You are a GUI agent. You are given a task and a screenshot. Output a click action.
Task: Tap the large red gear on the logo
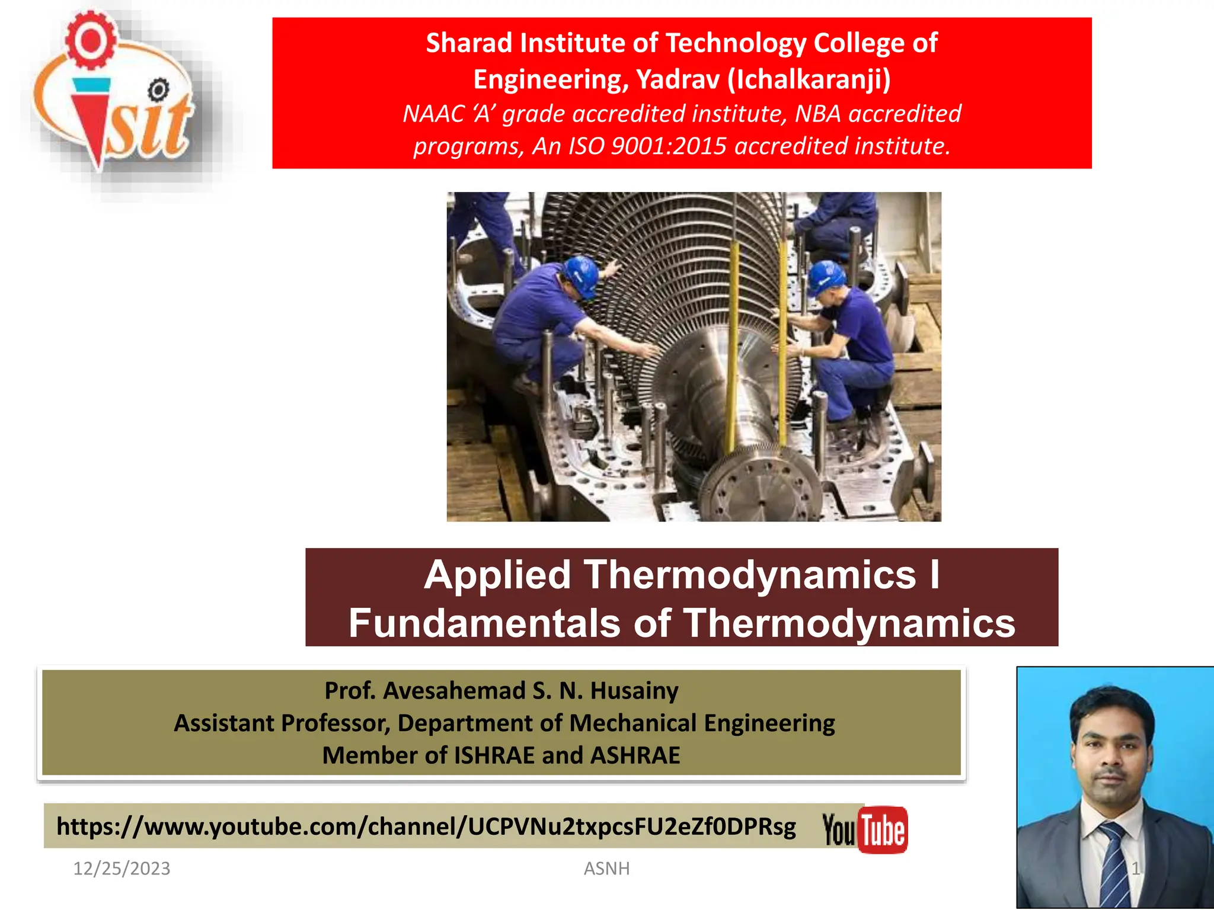(90, 40)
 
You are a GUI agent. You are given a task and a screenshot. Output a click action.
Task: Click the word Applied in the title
(497, 575)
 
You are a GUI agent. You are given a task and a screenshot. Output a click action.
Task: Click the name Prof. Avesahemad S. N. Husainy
(501, 691)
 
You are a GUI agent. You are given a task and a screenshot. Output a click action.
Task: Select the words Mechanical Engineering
(702, 723)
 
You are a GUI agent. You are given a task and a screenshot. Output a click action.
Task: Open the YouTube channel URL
(426, 826)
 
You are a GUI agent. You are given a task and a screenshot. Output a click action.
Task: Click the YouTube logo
(865, 829)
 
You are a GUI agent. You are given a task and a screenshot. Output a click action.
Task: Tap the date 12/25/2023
(122, 869)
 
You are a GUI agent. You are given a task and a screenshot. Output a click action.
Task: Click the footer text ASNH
(606, 869)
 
